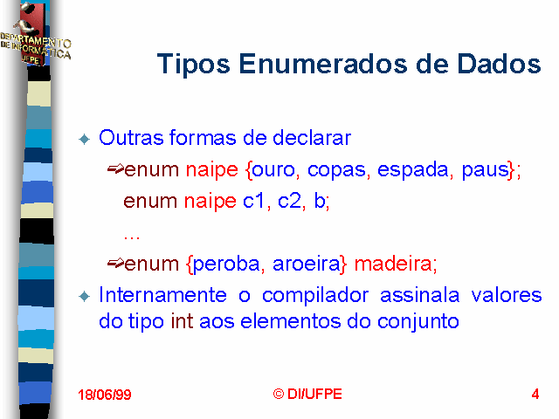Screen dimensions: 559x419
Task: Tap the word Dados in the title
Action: coord(499,64)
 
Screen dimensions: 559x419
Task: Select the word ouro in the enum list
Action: coord(273,170)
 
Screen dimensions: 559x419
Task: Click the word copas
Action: coord(336,171)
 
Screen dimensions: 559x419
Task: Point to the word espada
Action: coord(412,170)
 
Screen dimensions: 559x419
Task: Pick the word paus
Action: coord(486,170)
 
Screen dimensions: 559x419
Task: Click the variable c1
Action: coord(254,201)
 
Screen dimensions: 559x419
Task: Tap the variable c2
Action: coord(289,201)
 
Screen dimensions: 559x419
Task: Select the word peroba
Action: coord(226,264)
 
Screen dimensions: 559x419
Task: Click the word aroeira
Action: coord(307,264)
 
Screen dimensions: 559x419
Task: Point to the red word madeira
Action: coord(393,264)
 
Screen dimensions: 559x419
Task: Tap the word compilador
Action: coord(315,296)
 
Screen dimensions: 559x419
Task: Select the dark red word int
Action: coord(182,321)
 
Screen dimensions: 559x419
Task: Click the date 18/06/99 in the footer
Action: coord(105,395)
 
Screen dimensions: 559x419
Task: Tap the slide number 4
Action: coord(535,394)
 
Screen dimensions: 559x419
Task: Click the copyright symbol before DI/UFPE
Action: coord(279,394)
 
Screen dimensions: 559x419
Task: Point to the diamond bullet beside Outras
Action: coord(85,139)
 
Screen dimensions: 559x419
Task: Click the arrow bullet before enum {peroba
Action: coord(115,264)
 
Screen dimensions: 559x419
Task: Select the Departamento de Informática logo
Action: coord(35,34)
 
